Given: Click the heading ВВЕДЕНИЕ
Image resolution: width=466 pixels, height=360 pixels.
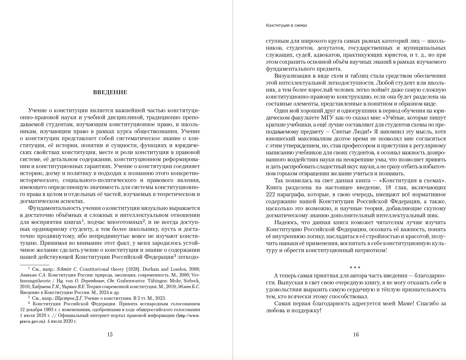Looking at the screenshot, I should [x=110, y=92].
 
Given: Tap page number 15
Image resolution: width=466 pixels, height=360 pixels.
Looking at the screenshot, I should [x=110, y=334].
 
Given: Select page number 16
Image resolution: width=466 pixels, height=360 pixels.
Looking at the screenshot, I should [x=356, y=334].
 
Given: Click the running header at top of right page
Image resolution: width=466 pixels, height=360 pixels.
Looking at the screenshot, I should [x=286, y=25].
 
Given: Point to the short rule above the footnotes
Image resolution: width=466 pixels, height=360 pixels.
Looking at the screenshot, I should [x=30, y=265].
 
